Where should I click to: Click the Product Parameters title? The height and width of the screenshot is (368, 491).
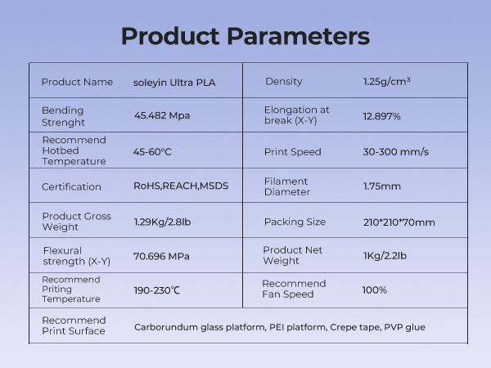coord(245,37)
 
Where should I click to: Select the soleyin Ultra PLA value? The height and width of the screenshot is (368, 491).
coord(174,82)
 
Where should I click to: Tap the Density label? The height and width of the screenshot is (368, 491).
coord(284,82)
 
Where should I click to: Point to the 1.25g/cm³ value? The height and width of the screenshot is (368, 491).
coord(386,82)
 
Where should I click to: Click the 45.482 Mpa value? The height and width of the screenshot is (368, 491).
coord(162,115)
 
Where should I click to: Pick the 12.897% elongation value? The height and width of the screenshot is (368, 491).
coord(381,116)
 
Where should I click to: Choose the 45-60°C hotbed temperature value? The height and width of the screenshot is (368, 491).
coord(152,151)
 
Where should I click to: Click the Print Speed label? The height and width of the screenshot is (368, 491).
coord(292,152)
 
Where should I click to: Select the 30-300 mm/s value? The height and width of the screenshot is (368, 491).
coord(395,152)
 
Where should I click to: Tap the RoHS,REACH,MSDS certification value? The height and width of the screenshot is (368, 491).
coord(181,186)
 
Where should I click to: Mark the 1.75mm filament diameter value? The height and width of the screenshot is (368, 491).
coord(381,186)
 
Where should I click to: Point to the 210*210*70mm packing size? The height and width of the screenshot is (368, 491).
coord(399,222)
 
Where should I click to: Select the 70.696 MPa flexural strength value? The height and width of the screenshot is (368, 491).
coord(161,256)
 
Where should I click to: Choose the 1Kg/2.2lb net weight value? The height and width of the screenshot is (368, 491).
coord(385,256)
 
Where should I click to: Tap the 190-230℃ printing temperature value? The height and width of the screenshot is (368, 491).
coord(157,290)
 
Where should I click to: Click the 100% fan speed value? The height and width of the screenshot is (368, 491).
coord(374,290)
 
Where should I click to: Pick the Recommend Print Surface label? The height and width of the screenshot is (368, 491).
coord(74,325)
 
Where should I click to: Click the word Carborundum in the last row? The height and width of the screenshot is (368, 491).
coord(164,327)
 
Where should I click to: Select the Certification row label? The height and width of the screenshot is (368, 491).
coord(71,186)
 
